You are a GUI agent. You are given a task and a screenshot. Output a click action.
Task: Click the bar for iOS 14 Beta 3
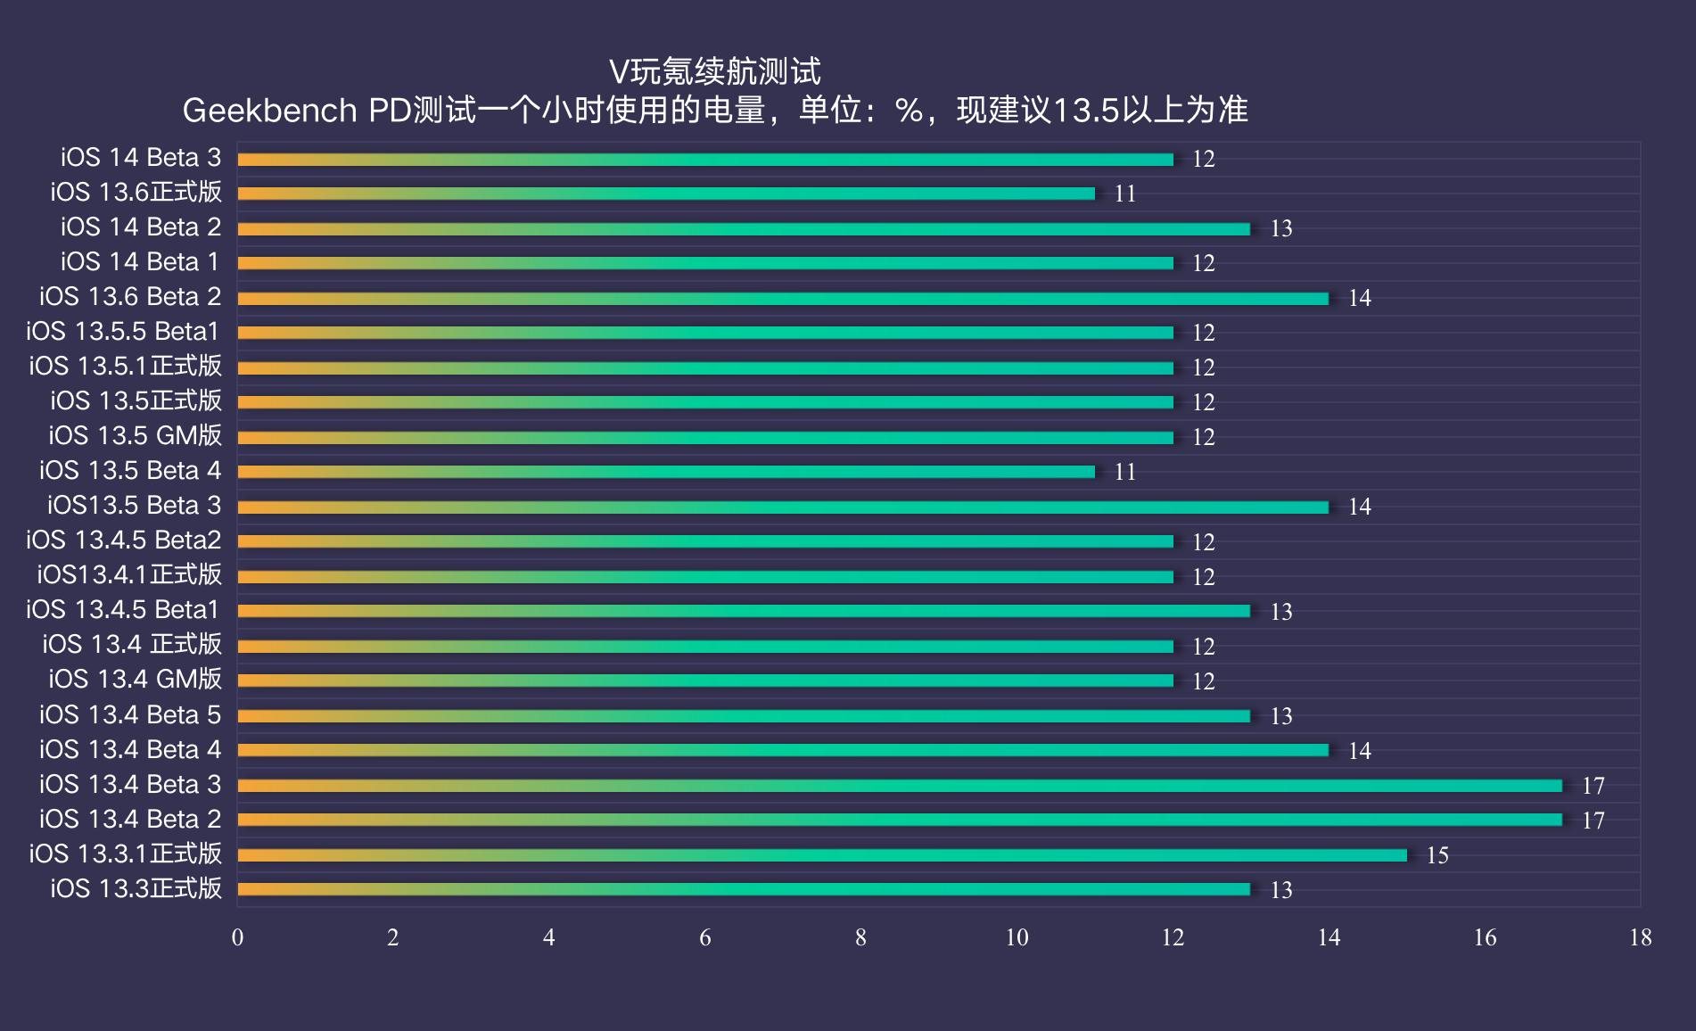pos(704,160)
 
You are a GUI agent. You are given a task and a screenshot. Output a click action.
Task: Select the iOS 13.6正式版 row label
pos(136,193)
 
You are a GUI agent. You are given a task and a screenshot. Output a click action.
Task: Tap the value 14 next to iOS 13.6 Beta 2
pos(1359,298)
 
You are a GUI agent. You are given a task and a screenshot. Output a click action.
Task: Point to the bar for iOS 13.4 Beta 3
pos(899,786)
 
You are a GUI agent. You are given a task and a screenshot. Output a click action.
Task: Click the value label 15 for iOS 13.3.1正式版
pos(1437,855)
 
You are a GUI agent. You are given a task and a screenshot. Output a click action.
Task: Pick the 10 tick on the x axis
pos(1017,937)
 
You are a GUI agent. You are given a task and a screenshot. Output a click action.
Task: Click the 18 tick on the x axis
pos(1640,937)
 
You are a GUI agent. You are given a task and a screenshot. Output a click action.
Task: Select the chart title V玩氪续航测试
pos(714,71)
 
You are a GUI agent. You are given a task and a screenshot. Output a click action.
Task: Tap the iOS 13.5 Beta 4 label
pos(130,471)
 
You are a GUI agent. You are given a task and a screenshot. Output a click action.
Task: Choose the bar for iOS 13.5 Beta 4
pos(665,472)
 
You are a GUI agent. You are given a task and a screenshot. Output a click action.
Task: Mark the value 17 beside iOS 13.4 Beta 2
pos(1593,821)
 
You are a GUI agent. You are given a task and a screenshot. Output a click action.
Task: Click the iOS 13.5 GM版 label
pos(136,436)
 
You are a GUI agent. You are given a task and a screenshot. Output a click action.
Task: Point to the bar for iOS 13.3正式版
pos(743,889)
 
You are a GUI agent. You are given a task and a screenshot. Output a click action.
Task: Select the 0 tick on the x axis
pos(237,937)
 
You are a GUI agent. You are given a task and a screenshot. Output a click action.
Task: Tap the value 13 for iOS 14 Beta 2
pos(1280,229)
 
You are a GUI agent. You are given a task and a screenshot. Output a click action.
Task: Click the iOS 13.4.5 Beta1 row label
pos(123,610)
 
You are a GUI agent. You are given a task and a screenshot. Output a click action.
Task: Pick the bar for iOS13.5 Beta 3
pos(782,507)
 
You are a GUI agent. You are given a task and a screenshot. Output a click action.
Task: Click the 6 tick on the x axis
pos(704,937)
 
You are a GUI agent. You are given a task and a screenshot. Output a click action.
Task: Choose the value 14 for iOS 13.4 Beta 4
pos(1359,751)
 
